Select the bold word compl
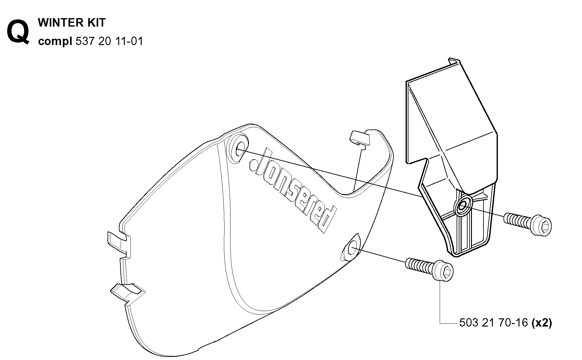[x=55, y=41]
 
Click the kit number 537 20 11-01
[x=109, y=41]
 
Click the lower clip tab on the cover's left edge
[x=127, y=291]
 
